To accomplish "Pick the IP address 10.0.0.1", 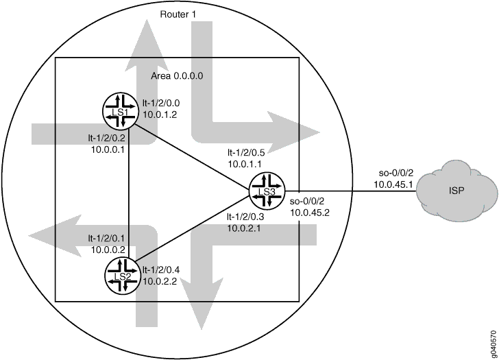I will tap(107, 149).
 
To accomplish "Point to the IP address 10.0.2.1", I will tap(245, 228).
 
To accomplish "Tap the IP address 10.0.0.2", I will tap(107, 250).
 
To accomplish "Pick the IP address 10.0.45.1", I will tap(393, 184).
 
